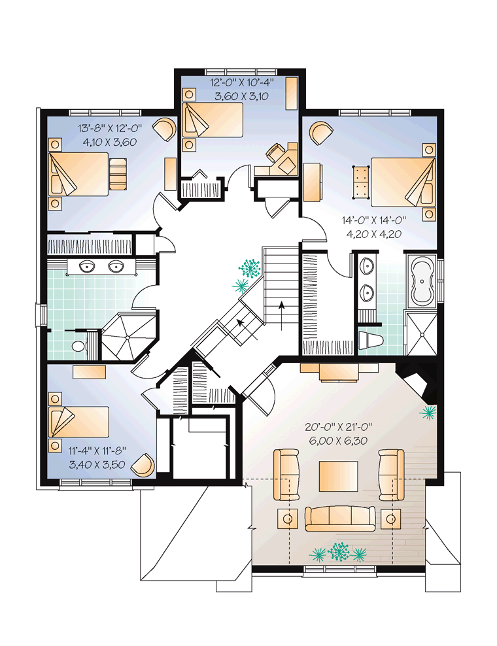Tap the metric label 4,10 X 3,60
(110, 142)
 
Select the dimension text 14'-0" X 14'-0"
(374, 220)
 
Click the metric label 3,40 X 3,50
(97, 465)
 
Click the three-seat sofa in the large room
(340, 518)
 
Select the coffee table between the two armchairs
(338, 476)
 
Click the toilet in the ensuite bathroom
(371, 340)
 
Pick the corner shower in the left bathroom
(128, 336)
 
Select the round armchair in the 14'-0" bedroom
(321, 132)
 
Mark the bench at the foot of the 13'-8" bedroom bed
(118, 174)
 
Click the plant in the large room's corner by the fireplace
(428, 412)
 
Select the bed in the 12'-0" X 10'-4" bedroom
(213, 120)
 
